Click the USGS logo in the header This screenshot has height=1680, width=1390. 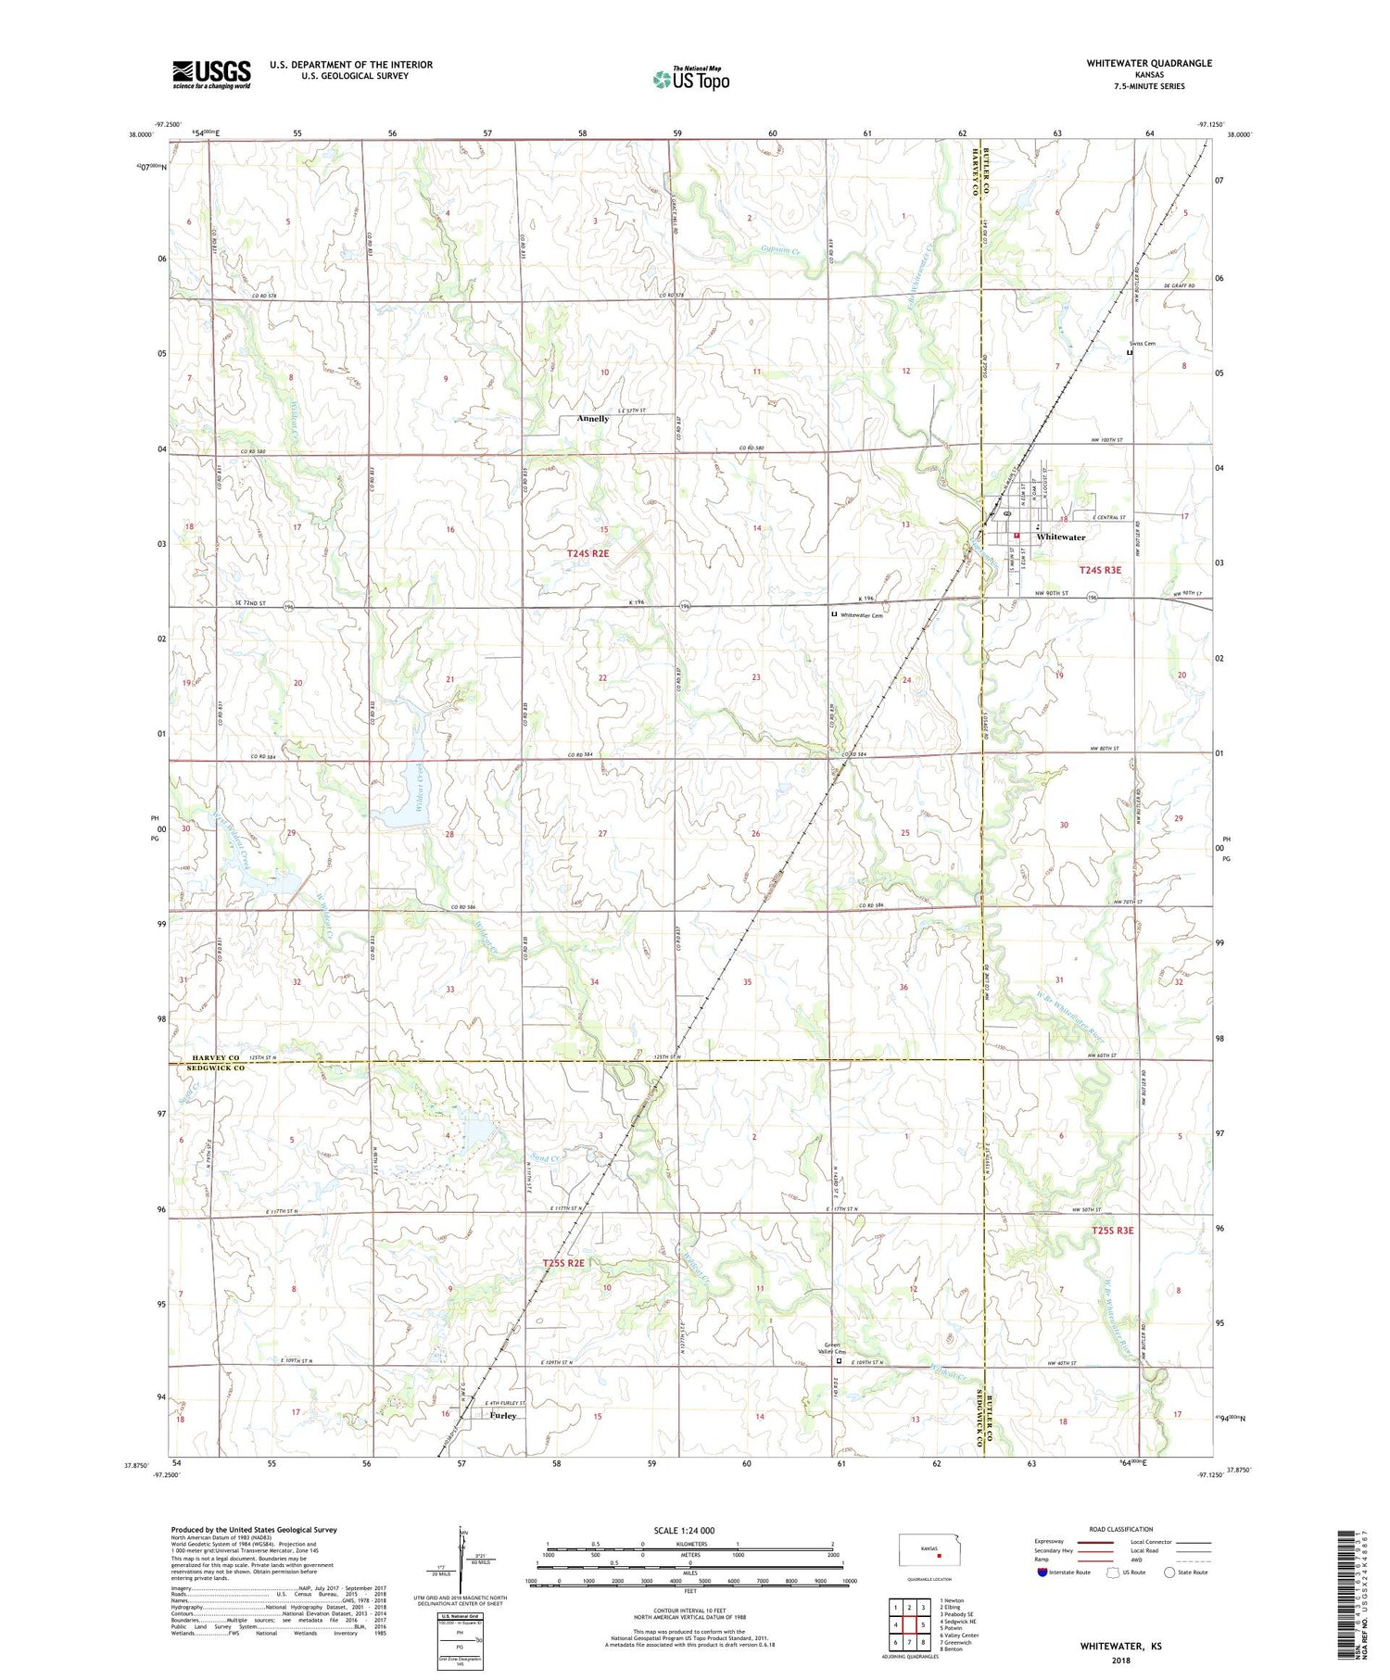click(x=211, y=74)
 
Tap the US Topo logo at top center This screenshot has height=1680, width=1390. click(x=690, y=80)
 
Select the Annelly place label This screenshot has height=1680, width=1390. click(x=593, y=419)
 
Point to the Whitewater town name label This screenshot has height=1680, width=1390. click(x=1061, y=537)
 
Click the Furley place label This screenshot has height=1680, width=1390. click(x=502, y=1416)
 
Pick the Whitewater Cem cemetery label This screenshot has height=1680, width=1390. click(x=862, y=615)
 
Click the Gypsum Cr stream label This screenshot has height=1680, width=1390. click(x=779, y=248)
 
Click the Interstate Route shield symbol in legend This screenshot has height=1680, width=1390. click(x=1042, y=1573)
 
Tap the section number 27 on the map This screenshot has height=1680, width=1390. click(x=602, y=834)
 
